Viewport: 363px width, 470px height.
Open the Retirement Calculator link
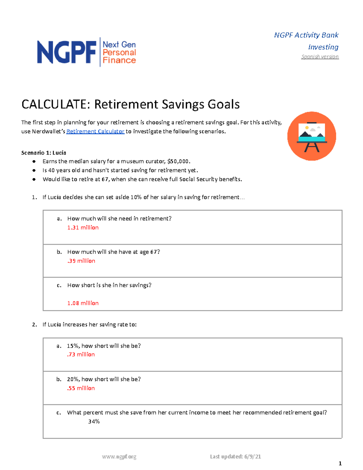click(x=95, y=131)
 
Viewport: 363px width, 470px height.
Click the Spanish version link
click(x=320, y=57)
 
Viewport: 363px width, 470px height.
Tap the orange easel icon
click(x=312, y=136)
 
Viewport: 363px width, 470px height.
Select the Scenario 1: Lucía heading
click(x=44, y=153)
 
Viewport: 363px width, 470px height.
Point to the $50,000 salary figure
click(x=178, y=161)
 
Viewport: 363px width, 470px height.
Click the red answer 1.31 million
click(x=83, y=228)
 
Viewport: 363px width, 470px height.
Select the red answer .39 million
click(x=81, y=261)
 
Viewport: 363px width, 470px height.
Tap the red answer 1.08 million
click(x=83, y=303)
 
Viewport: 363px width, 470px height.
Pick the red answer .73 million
click(x=81, y=354)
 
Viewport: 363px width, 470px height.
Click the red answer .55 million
click(x=81, y=388)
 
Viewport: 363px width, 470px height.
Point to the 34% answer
click(x=94, y=422)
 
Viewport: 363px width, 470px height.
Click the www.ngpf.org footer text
click(x=119, y=457)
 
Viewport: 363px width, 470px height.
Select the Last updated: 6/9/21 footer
click(x=235, y=457)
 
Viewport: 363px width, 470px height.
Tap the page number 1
click(x=340, y=464)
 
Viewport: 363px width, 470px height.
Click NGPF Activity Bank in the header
click(x=306, y=35)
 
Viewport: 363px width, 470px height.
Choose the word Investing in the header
click(x=323, y=47)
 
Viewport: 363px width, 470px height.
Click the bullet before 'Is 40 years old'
click(x=34, y=170)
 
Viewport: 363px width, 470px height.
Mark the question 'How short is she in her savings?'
click(x=109, y=285)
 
